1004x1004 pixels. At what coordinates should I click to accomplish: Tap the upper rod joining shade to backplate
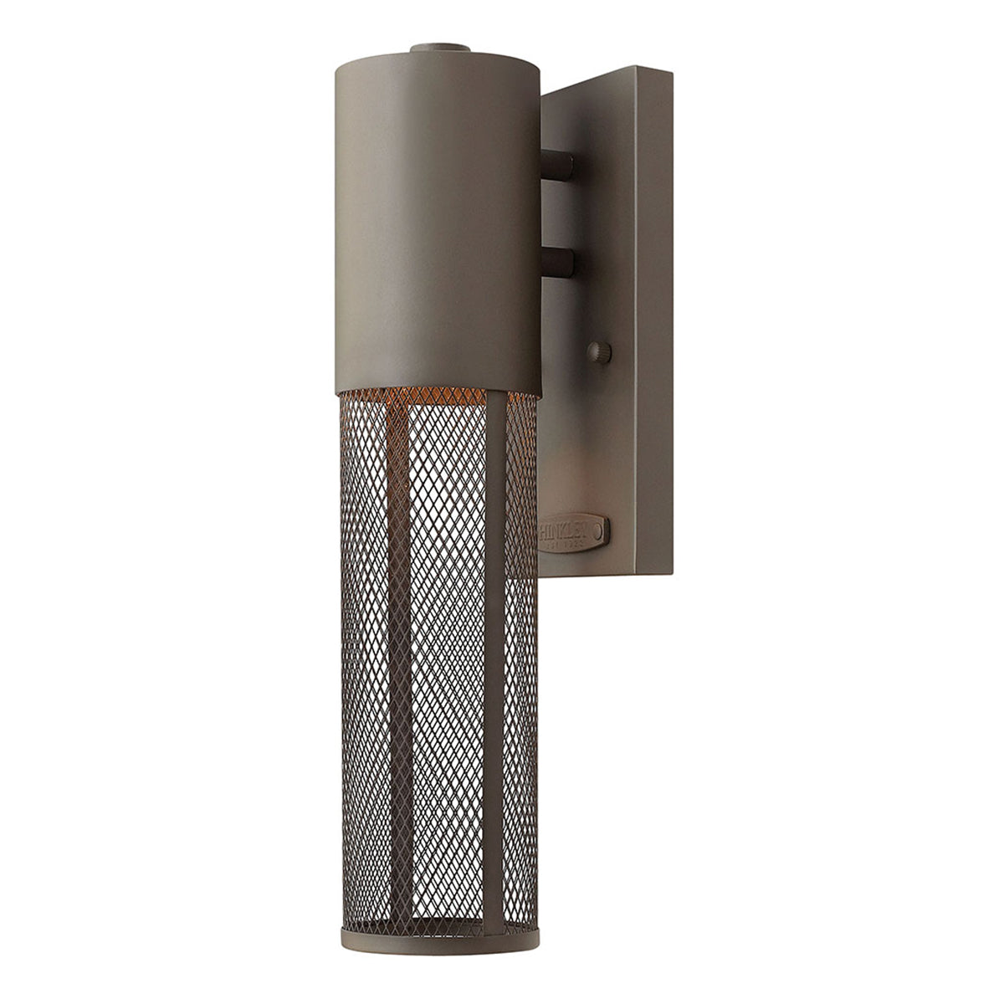(x=558, y=163)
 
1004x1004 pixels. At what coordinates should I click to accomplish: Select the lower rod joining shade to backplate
(x=558, y=264)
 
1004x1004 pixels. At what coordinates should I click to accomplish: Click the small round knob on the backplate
(x=599, y=352)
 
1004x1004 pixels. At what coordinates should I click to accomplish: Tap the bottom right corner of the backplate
(x=670, y=573)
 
